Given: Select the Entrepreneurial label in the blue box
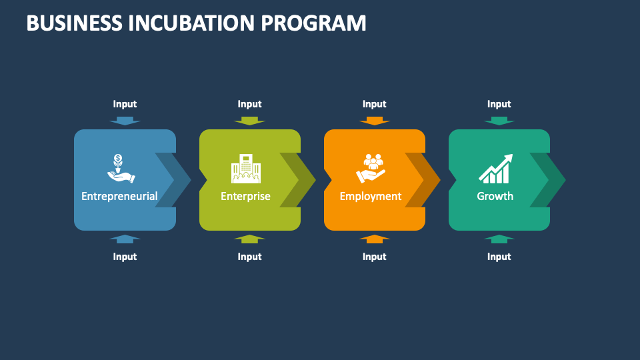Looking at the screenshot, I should click(119, 196).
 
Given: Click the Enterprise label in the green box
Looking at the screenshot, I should click(245, 196).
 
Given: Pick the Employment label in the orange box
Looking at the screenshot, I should click(370, 196).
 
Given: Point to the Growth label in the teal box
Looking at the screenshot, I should click(495, 196).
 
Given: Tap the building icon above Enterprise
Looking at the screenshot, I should click(245, 169).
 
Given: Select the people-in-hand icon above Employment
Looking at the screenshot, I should click(370, 169).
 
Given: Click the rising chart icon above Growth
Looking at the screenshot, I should click(495, 169).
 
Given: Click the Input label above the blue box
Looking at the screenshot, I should click(125, 104).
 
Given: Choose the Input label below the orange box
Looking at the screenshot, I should click(374, 257).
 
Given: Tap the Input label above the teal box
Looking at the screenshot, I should click(499, 104).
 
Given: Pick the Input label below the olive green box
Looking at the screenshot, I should click(249, 257).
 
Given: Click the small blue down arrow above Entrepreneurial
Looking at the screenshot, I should click(125, 121).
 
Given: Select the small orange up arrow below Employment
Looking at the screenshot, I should click(374, 239).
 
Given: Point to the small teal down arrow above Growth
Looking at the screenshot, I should click(499, 121).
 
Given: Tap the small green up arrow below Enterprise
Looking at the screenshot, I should click(249, 239).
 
